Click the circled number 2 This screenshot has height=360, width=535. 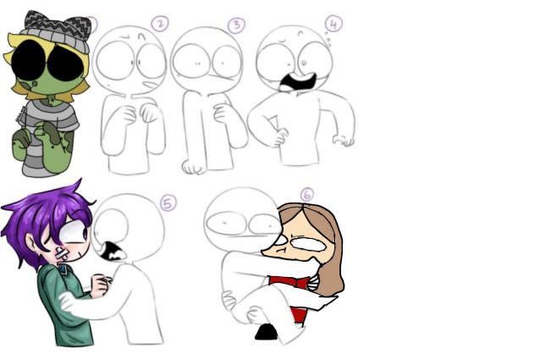pyautogui.click(x=160, y=24)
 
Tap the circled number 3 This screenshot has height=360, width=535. pyautogui.click(x=236, y=25)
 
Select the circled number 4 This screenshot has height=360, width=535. pyautogui.click(x=334, y=24)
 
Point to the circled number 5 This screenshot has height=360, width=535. pyautogui.click(x=168, y=203)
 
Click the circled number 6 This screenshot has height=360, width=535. pyautogui.click(x=306, y=195)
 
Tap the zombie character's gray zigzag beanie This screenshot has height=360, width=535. pyautogui.click(x=57, y=30)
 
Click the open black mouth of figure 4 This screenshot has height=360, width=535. pyautogui.click(x=297, y=83)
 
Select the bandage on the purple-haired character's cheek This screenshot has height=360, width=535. pyautogui.click(x=62, y=254)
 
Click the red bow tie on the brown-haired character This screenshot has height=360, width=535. pyautogui.click(x=290, y=282)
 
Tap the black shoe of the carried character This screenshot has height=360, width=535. pyautogui.click(x=267, y=332)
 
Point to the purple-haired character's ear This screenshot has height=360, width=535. pyautogui.click(x=31, y=245)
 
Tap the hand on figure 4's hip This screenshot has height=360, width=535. pyautogui.click(x=280, y=136)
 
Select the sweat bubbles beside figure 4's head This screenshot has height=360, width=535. pyautogui.click(x=328, y=39)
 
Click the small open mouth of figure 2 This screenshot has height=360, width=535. pyautogui.click(x=147, y=85)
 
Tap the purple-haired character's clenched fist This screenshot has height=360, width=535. pyautogui.click(x=100, y=284)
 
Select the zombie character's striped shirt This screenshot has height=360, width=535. pyautogui.click(x=47, y=134)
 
